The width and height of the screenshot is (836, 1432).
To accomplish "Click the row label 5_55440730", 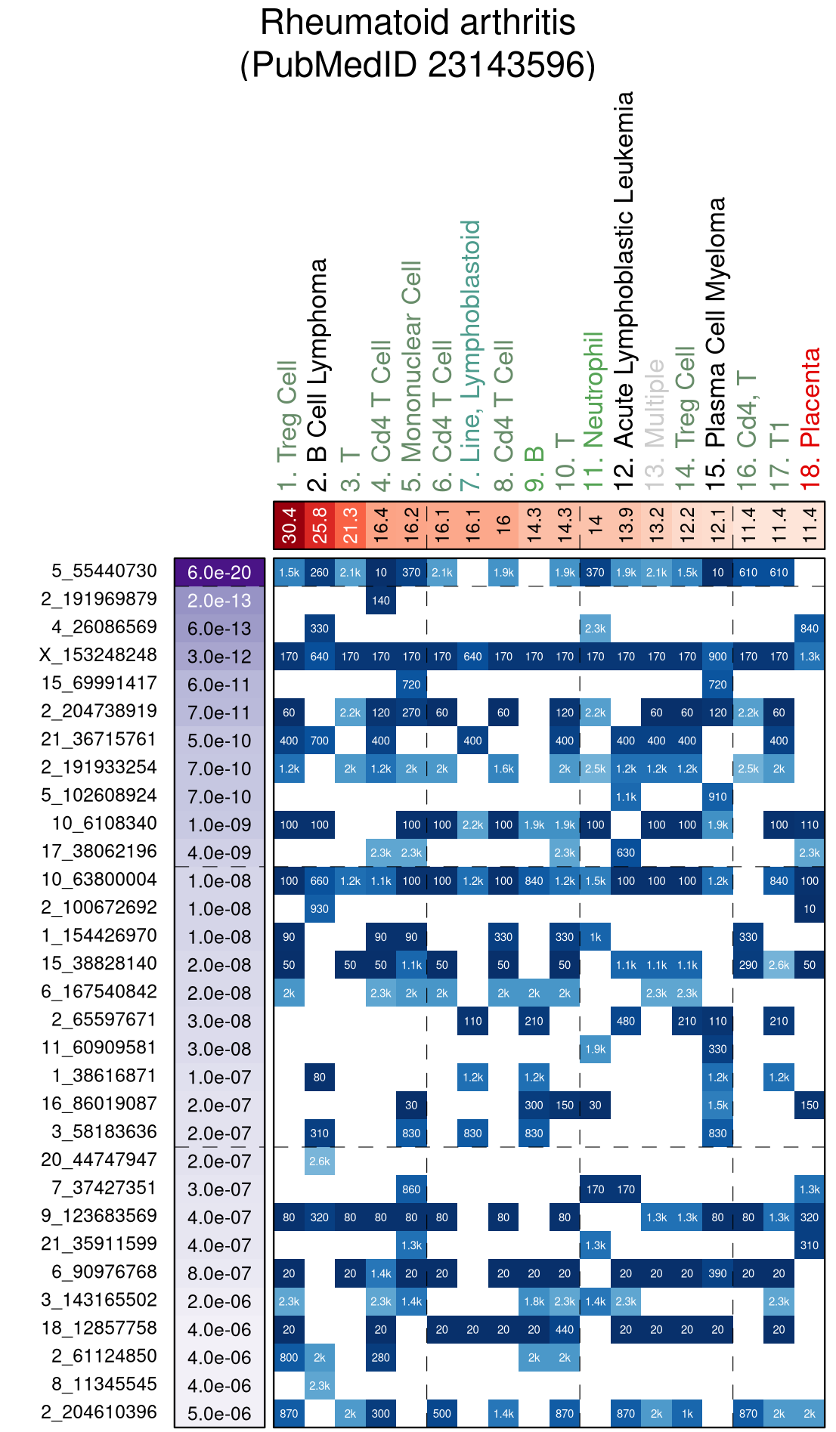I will point(104,571).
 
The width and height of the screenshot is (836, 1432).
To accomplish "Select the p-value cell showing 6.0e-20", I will point(219,572).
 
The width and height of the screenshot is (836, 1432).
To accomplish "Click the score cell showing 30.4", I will point(289,525).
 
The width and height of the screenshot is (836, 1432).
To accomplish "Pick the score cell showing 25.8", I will point(320,525).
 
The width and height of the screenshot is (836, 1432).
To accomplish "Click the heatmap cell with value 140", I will point(381,600).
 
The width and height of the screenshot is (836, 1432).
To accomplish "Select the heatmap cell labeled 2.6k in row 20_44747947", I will point(320,1161).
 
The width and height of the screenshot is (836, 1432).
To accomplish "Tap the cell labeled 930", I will point(320,908).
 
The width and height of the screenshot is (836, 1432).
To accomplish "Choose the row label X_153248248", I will point(98,655).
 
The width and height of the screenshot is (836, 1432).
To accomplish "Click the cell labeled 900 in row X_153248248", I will point(717,656).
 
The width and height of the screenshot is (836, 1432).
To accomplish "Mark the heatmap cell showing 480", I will point(626,1021).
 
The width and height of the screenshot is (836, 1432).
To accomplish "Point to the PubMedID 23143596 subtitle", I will point(418,65).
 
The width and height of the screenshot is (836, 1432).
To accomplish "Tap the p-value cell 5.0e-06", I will point(219,1413).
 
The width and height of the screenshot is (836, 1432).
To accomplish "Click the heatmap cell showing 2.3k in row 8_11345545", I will point(320,1385).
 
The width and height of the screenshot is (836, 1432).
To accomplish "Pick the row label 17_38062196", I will point(99,852).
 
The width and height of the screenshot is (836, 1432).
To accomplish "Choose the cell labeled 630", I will point(626,852).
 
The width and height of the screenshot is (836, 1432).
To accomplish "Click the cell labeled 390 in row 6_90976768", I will point(717,1273).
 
